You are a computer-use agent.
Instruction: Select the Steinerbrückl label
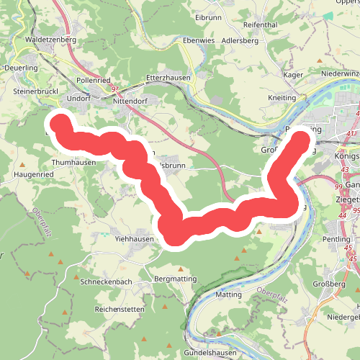(x=35, y=92)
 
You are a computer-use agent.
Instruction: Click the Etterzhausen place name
(x=166, y=76)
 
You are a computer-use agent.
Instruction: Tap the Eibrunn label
(x=209, y=17)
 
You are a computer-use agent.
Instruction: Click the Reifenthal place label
(x=261, y=25)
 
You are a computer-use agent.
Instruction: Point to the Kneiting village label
(x=282, y=96)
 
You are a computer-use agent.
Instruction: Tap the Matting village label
(x=229, y=294)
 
